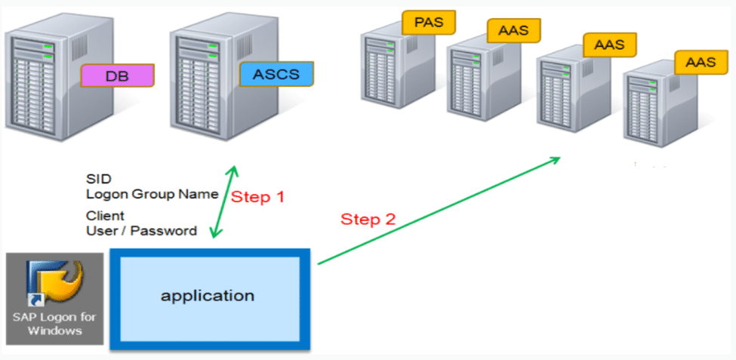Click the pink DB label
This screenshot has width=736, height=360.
click(117, 75)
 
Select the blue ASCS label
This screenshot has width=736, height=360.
click(276, 74)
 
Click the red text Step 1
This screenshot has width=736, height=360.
click(257, 197)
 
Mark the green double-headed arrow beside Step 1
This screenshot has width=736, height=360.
click(225, 202)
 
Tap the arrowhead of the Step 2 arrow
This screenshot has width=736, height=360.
click(556, 158)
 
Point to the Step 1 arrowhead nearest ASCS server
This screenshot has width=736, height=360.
click(236, 169)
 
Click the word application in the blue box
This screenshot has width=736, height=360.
click(208, 294)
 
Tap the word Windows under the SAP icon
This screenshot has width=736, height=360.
click(54, 331)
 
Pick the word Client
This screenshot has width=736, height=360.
click(105, 216)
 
